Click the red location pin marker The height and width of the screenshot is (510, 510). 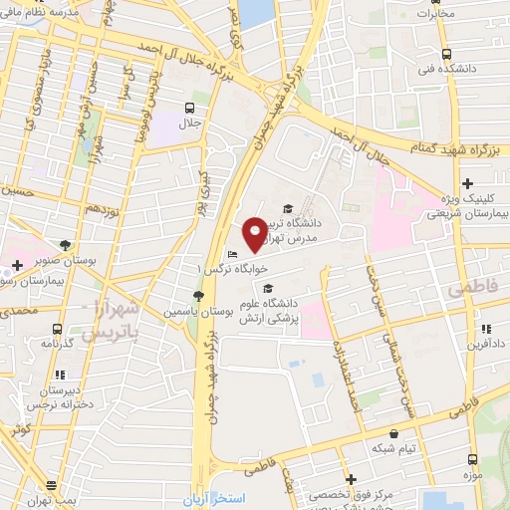255,233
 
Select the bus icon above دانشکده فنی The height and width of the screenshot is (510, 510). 446,56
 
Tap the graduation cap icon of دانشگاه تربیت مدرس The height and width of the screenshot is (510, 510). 288,208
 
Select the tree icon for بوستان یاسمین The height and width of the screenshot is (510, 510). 198,297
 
